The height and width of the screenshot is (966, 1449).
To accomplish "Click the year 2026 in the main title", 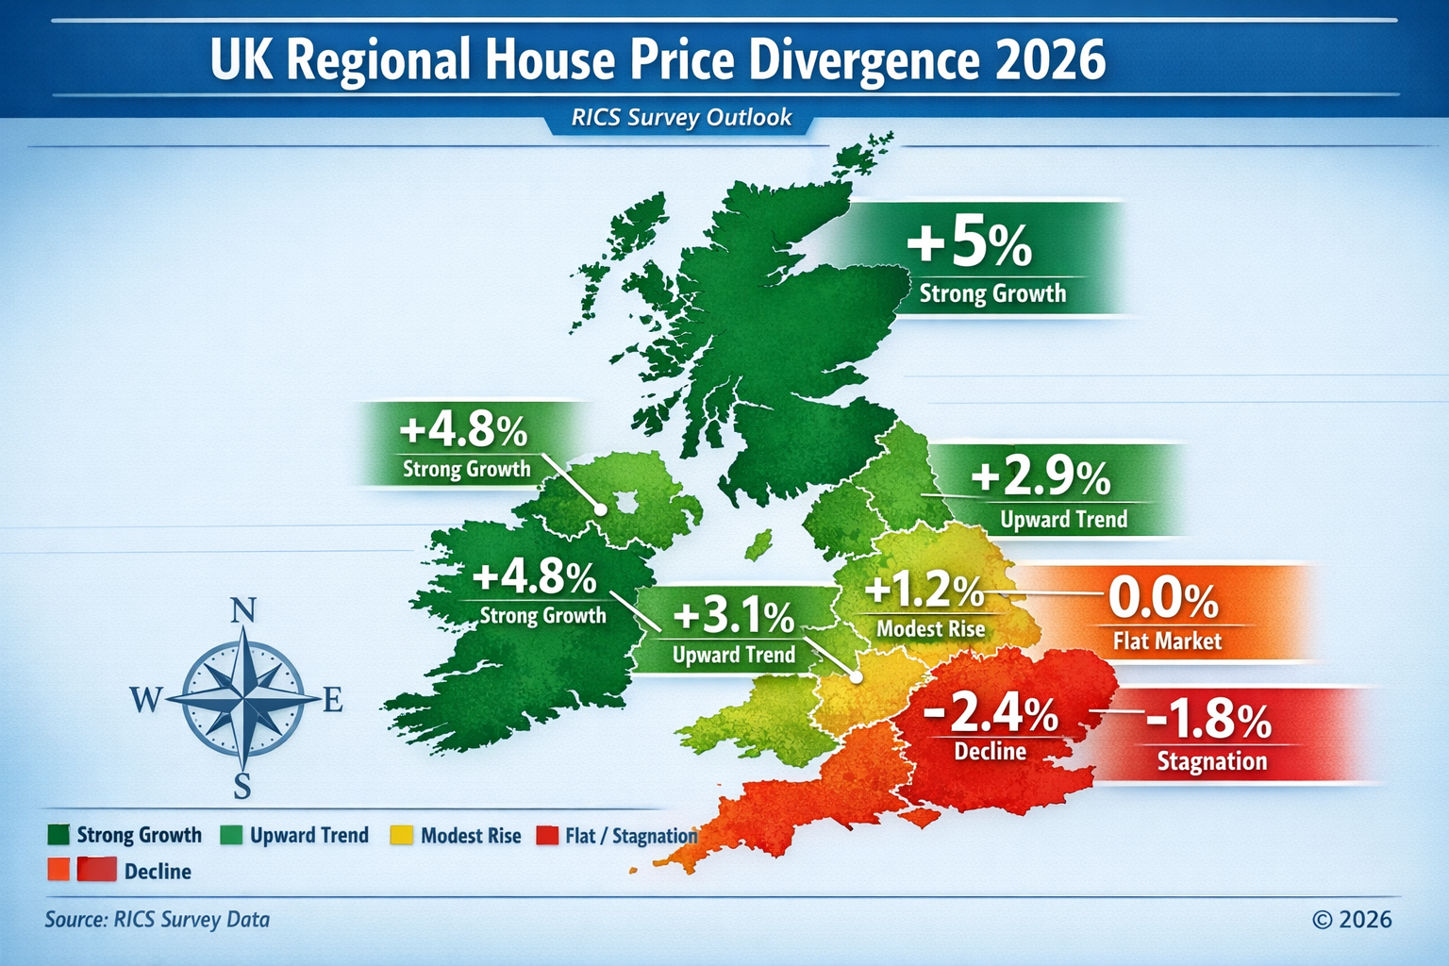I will pyautogui.click(x=1050, y=59).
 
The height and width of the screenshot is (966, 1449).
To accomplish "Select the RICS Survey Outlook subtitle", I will pyautogui.click(x=681, y=118).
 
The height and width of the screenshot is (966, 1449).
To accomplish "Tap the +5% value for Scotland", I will pyautogui.click(x=969, y=241).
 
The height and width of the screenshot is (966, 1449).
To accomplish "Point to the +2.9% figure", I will pyautogui.click(x=1041, y=477).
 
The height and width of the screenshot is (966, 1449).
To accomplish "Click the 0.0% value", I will pyautogui.click(x=1162, y=598).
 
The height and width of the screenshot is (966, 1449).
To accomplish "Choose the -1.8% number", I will pyautogui.click(x=1208, y=721).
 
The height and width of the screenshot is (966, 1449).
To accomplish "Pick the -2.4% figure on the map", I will pyautogui.click(x=991, y=713).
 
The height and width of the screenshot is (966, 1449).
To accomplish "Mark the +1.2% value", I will pyautogui.click(x=924, y=591).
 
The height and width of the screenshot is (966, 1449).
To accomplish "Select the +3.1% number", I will pyautogui.click(x=734, y=617).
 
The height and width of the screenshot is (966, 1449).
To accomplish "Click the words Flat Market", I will pyautogui.click(x=1167, y=641).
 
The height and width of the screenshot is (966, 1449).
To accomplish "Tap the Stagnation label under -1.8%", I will pyautogui.click(x=1212, y=761).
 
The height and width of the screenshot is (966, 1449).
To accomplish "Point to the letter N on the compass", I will pyautogui.click(x=243, y=611).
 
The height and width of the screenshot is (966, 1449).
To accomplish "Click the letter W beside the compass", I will pyautogui.click(x=145, y=700).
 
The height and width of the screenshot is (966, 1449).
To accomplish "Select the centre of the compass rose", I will pyautogui.click(x=243, y=700).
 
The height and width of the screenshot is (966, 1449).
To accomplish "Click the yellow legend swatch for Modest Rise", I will pyautogui.click(x=402, y=835).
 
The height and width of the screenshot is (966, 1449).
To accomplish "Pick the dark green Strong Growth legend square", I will pyautogui.click(x=58, y=835).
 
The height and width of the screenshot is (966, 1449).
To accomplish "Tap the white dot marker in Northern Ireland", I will pyautogui.click(x=600, y=509).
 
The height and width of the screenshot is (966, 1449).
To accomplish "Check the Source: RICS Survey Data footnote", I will pyautogui.click(x=157, y=920).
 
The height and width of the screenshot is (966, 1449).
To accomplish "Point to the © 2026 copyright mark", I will pyautogui.click(x=1351, y=920).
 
